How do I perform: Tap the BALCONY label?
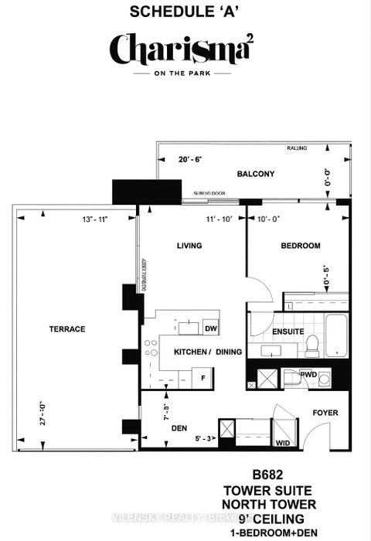[x=256, y=175]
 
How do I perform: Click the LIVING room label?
[x=189, y=246]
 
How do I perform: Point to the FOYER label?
[x=325, y=413]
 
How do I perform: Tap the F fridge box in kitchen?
[x=203, y=378]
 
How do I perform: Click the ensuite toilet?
[x=312, y=345]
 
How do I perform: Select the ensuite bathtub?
[x=339, y=335]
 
